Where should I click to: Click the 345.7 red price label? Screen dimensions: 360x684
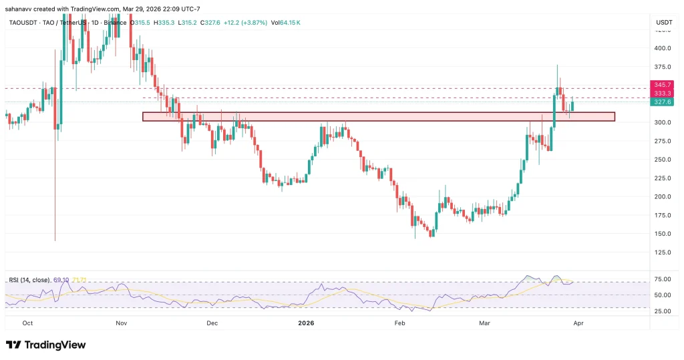pyautogui.click(x=663, y=85)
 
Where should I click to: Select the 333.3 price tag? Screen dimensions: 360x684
pyautogui.click(x=663, y=94)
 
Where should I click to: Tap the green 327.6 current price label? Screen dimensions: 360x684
pyautogui.click(x=663, y=102)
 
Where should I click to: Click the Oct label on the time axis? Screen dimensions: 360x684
pyautogui.click(x=27, y=322)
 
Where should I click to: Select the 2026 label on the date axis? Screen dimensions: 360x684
pyautogui.click(x=305, y=322)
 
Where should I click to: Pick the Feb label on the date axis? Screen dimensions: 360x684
pyautogui.click(x=399, y=322)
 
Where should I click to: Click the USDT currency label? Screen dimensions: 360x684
pyautogui.click(x=664, y=22)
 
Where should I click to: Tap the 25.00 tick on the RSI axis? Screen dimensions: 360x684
pyautogui.click(x=662, y=311)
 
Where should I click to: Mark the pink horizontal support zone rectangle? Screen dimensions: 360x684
pyautogui.click(x=378, y=117)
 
